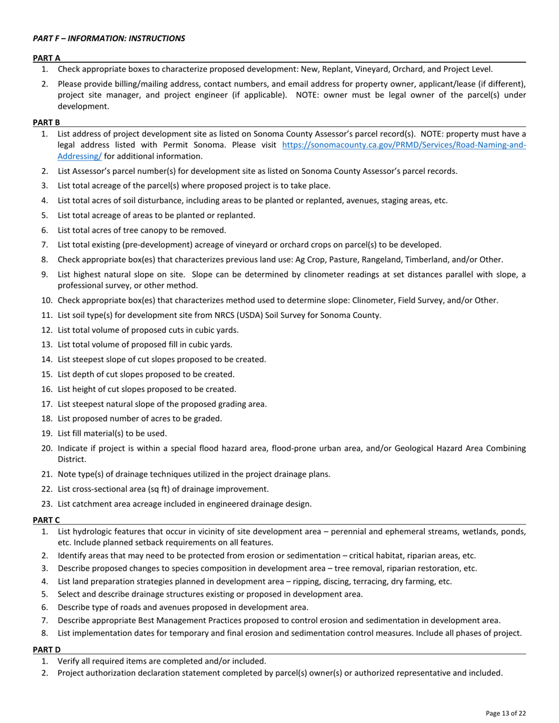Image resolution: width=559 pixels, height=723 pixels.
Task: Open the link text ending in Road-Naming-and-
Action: tap(404, 145)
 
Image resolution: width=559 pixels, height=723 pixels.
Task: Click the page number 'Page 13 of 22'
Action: tap(505, 713)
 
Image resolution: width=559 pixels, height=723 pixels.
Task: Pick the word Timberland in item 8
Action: tap(417, 259)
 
